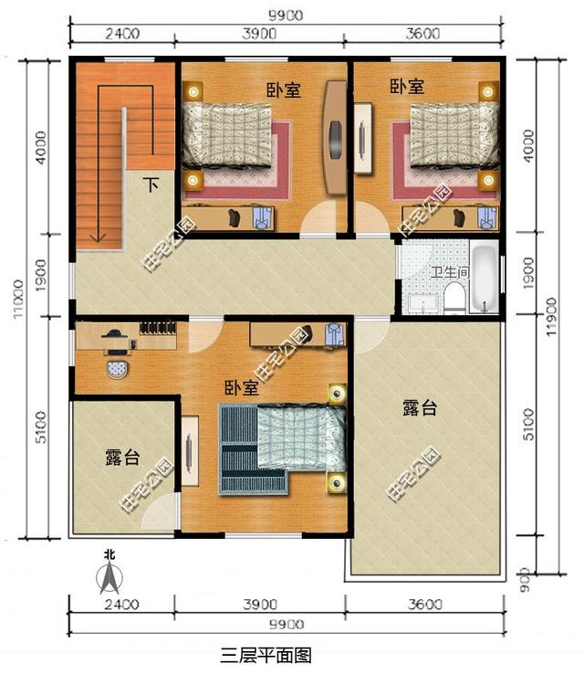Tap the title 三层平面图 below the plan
click(266, 655)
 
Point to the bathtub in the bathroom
click(485, 278)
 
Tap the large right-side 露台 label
click(419, 409)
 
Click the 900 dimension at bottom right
click(525, 576)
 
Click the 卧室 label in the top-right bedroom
click(406, 87)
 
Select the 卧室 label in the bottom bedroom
click(241, 388)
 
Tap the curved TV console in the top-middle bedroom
click(335, 137)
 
